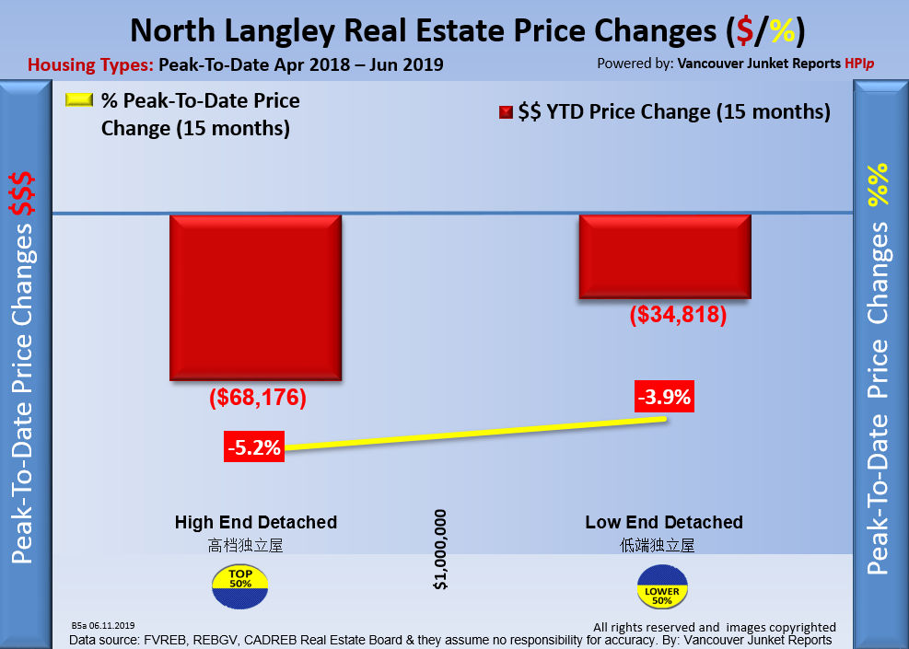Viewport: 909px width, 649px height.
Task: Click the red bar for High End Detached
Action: [255, 296]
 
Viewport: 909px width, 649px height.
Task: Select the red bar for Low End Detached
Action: [664, 256]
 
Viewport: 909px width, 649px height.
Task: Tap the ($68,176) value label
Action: [257, 399]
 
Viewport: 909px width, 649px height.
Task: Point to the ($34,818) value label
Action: [679, 315]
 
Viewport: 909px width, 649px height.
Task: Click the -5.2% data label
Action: [253, 449]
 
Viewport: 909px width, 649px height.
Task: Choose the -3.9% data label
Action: [664, 399]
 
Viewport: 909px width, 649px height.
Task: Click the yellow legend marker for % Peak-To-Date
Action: [79, 100]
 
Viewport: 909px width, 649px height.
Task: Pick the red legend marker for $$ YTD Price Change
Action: [505, 113]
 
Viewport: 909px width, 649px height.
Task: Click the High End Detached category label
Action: [256, 522]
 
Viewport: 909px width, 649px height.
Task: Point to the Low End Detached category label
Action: [664, 522]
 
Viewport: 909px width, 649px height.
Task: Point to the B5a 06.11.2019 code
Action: [102, 625]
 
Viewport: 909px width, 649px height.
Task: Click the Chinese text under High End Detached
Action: [245, 545]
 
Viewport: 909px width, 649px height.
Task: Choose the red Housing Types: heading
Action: [91, 65]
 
